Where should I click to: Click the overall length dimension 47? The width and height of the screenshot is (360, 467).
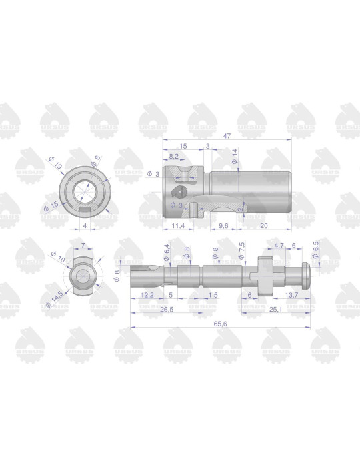point(228,135)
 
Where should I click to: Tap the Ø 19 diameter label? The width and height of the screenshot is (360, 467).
point(55,162)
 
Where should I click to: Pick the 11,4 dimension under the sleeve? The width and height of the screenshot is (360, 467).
point(177,226)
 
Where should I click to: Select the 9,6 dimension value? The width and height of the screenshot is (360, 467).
point(224,226)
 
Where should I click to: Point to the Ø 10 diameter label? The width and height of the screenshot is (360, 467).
point(55,256)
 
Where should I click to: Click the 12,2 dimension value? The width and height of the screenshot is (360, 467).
point(148,294)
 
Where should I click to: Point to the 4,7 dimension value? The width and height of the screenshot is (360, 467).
point(279,245)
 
